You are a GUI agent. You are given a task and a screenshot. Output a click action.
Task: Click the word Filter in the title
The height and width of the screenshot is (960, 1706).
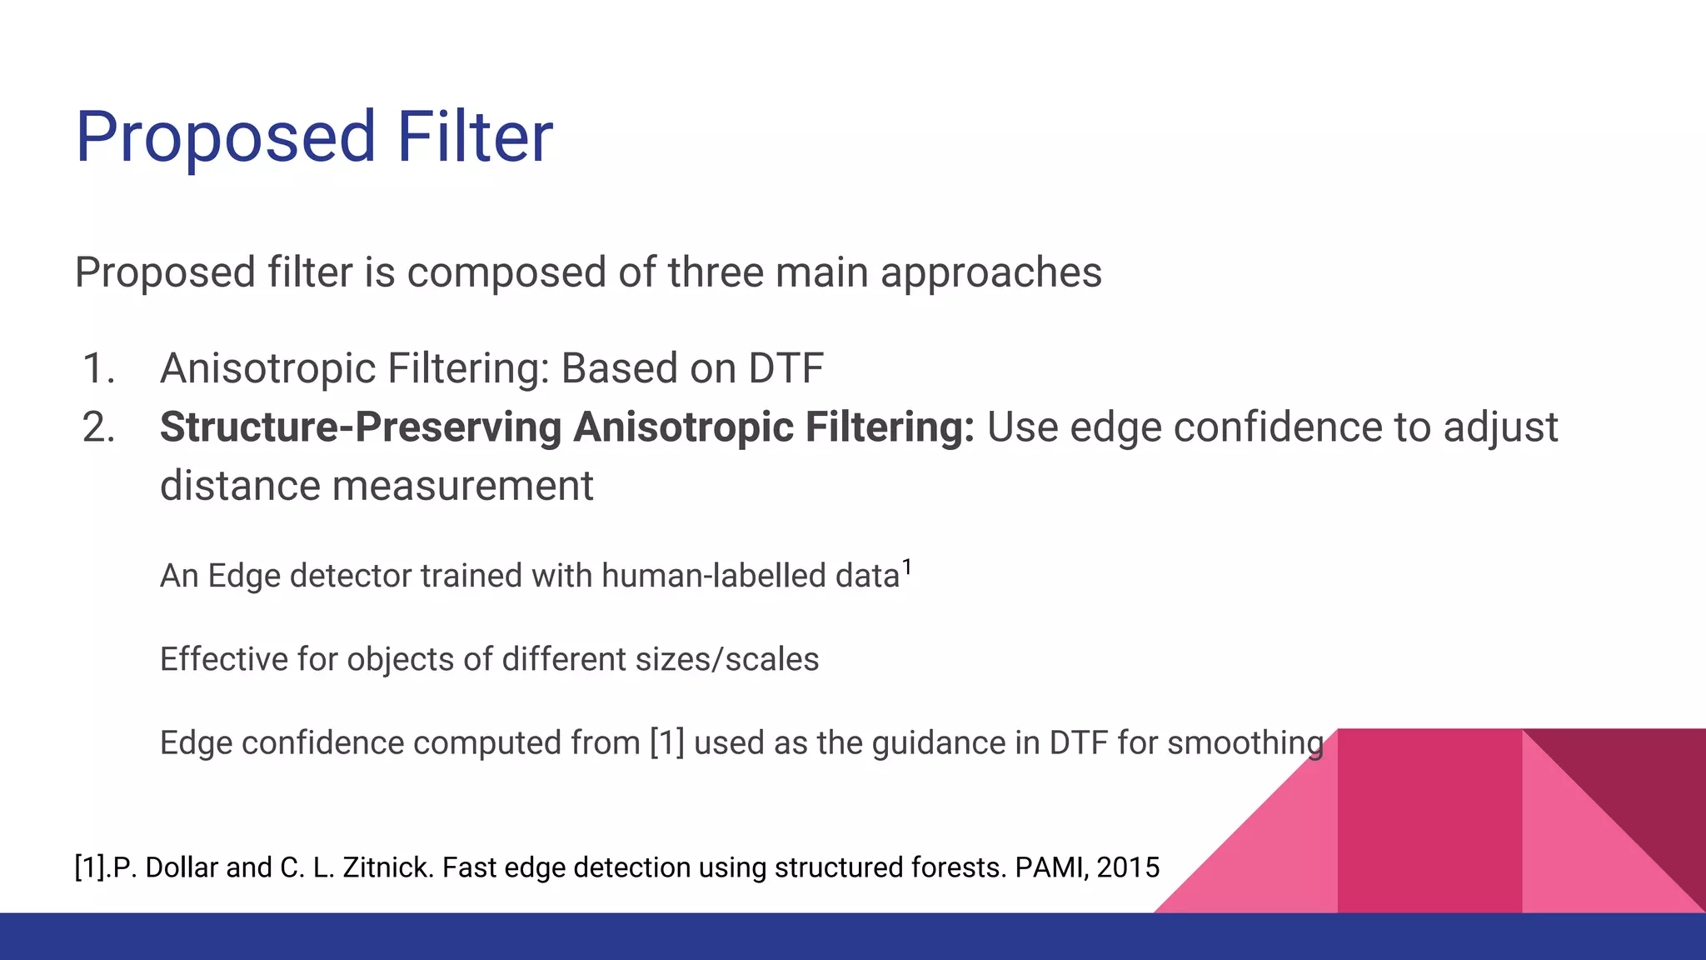click(x=474, y=137)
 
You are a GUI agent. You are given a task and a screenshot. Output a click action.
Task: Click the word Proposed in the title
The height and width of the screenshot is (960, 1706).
click(x=226, y=138)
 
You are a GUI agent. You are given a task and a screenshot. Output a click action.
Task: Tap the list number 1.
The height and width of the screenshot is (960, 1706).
click(x=98, y=368)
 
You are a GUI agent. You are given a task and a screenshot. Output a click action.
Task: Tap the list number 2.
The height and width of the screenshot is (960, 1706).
click(x=98, y=427)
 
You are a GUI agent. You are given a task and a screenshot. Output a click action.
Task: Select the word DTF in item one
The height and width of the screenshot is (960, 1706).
click(x=786, y=368)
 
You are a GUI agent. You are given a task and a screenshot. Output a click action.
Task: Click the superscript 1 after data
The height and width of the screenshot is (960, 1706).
click(x=907, y=567)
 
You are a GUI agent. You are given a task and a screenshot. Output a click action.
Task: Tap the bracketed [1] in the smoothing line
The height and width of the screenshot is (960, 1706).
click(x=666, y=742)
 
